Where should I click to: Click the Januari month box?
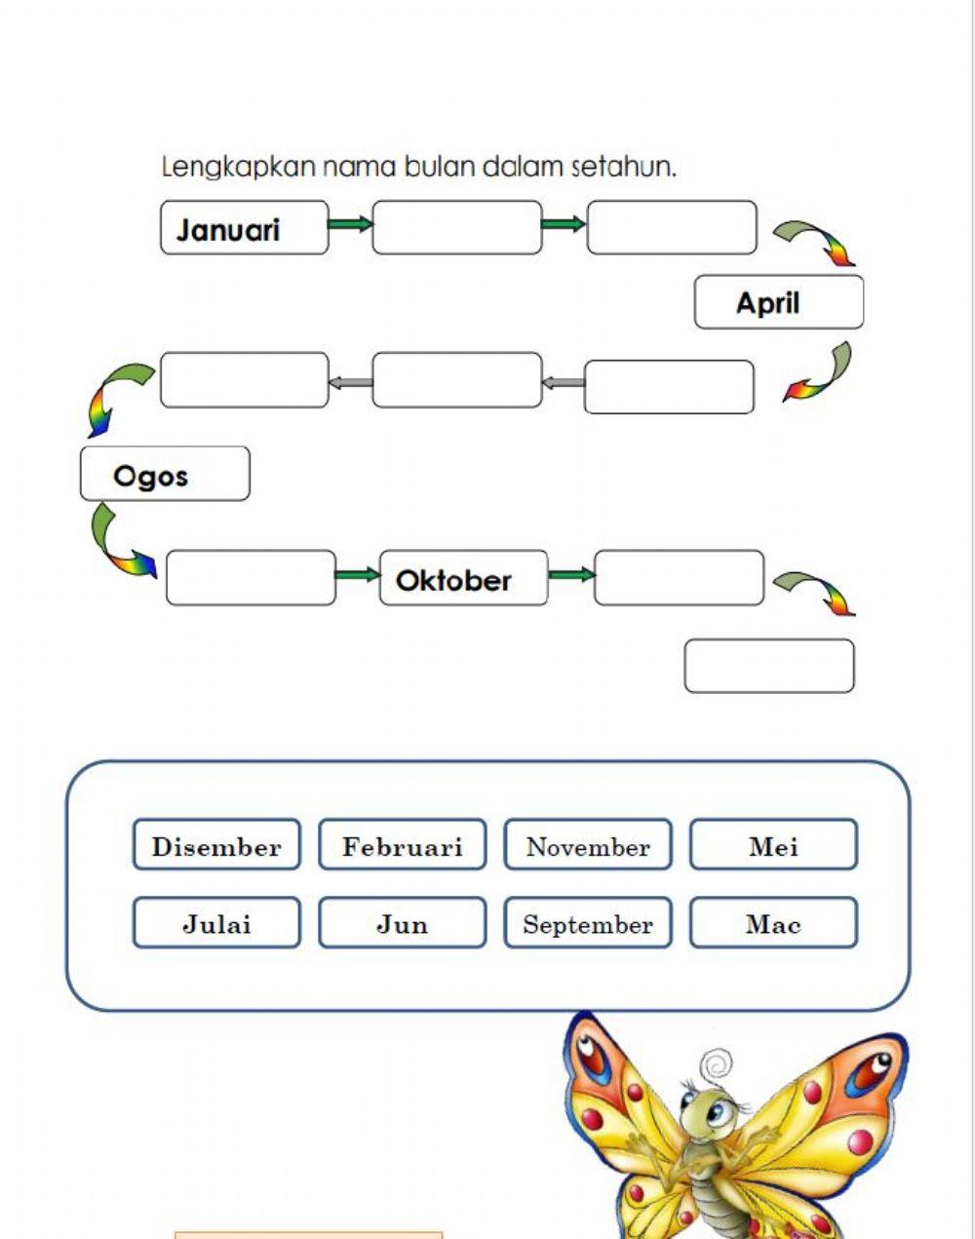pos(244,228)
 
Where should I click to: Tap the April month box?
pos(778,302)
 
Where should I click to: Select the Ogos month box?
pos(165,475)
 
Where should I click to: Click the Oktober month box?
pos(463,579)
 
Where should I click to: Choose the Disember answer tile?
pos(216,845)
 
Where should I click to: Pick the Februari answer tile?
pos(402,845)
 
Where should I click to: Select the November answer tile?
pos(588,845)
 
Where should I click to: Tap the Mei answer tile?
pos(773,845)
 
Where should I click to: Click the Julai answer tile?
pos(216,923)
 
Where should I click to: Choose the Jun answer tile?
pos(402,923)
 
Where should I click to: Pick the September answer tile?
pos(588,923)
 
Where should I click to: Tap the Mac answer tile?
pos(773,923)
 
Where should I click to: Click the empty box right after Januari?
pos(456,228)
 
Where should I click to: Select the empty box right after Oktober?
pos(679,578)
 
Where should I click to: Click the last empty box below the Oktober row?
pos(769,666)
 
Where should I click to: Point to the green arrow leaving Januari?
pos(350,225)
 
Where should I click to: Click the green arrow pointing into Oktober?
pos(357,575)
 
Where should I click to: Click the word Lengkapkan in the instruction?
pos(238,167)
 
